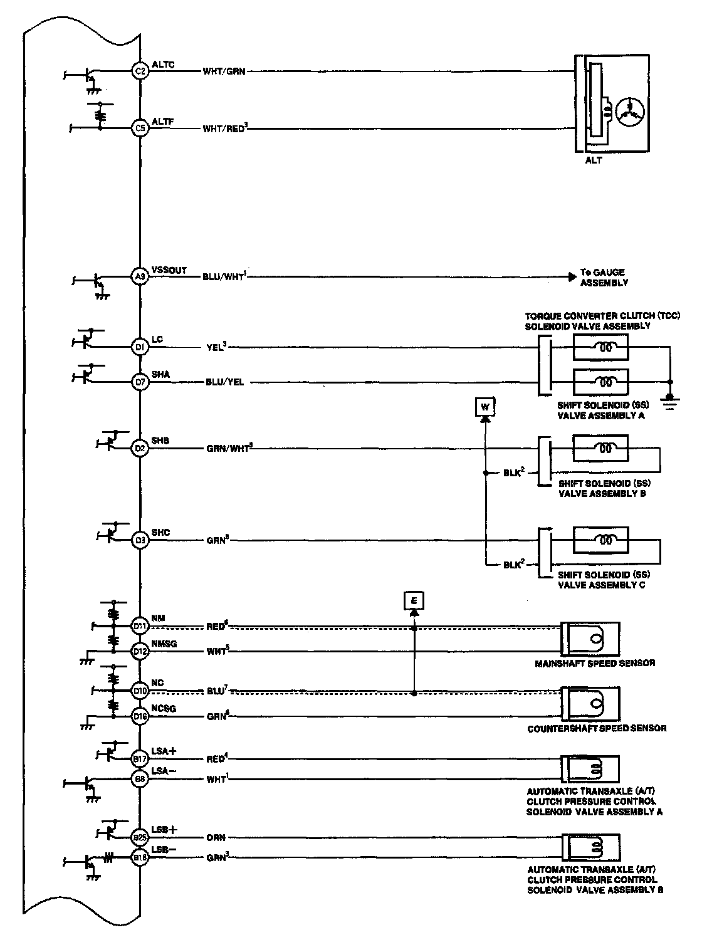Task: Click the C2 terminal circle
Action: point(140,71)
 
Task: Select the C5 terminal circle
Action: point(140,128)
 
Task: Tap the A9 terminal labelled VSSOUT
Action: point(140,276)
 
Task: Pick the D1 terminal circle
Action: point(140,346)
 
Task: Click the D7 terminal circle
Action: point(140,381)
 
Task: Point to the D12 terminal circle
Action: point(140,652)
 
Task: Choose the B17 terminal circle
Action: point(140,759)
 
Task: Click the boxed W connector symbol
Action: point(485,407)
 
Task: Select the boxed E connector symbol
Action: point(414,601)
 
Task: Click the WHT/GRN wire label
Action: point(223,71)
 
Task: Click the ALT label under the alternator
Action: point(593,160)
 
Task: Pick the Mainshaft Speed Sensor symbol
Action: point(590,639)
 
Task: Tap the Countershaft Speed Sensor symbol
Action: point(590,704)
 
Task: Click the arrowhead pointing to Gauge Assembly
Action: point(572,276)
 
